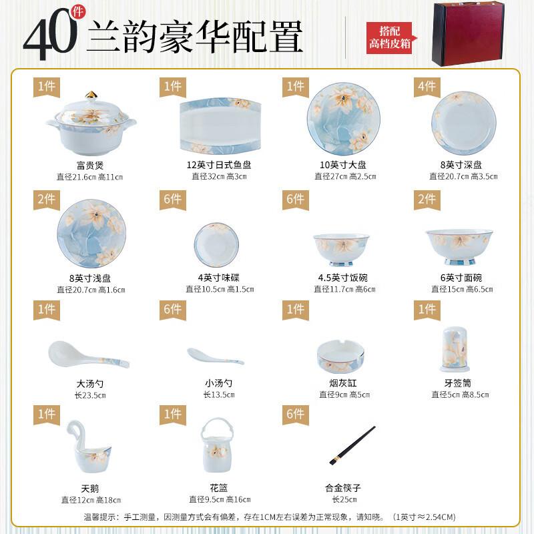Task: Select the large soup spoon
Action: (x=87, y=354)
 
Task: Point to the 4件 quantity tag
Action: (x=427, y=86)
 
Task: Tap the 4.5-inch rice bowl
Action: (x=342, y=245)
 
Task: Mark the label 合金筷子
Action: (x=342, y=488)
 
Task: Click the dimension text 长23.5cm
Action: (x=88, y=395)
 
